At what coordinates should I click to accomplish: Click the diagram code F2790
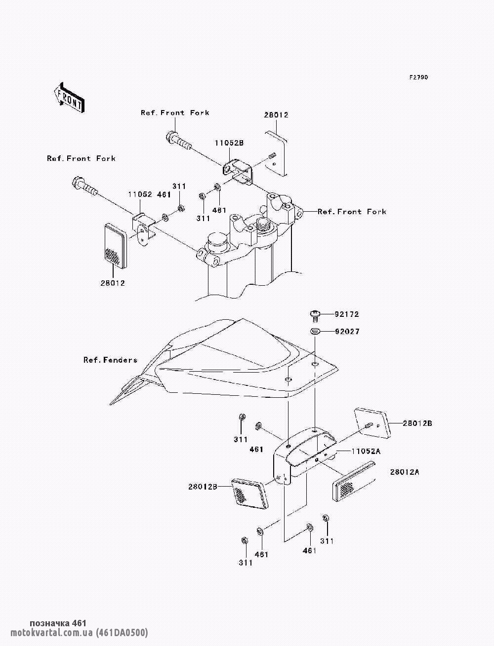418,78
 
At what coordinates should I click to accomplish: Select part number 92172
346,314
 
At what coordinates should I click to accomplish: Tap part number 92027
346,332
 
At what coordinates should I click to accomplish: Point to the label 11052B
229,143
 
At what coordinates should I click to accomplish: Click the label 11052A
366,451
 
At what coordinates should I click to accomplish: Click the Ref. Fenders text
110,360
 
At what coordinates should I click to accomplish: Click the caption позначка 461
58,623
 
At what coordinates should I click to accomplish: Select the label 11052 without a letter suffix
140,195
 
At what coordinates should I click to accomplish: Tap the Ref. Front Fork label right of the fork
352,212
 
